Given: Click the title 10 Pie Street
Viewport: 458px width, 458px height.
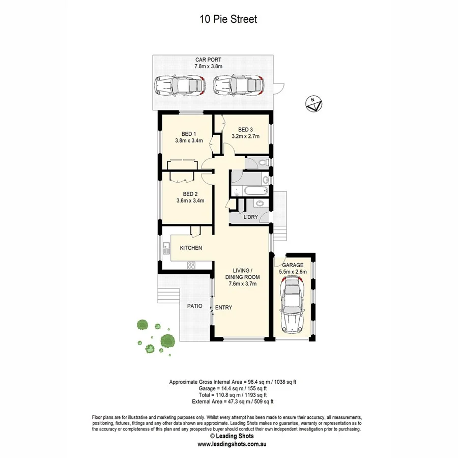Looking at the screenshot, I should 228,20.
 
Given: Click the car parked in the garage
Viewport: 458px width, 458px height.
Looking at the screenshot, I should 293,308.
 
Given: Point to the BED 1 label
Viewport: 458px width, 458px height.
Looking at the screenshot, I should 189,134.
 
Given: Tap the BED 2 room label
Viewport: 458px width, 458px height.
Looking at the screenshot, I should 190,194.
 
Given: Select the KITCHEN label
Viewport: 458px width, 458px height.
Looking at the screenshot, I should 191,248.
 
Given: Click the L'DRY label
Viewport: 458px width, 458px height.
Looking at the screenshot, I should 250,217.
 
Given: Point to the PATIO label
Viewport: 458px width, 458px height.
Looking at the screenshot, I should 194,306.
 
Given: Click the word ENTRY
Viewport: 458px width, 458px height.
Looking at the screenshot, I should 223,307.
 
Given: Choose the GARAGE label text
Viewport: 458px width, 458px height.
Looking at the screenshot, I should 293,265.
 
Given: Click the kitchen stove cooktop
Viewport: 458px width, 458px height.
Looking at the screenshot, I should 192,265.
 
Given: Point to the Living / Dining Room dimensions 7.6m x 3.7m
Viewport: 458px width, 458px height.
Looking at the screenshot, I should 242,284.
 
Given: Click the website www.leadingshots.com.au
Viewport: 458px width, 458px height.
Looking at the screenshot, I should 232,444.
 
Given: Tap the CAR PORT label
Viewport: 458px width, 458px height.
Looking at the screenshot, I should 208,60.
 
